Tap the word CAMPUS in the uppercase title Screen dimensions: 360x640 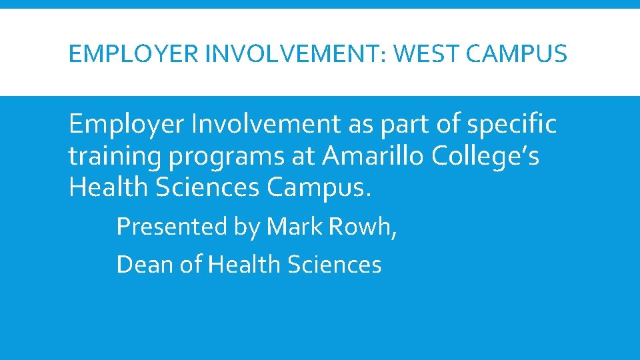517,53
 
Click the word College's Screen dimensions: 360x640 486,156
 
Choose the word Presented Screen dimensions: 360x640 172,227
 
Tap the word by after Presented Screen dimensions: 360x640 247,228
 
